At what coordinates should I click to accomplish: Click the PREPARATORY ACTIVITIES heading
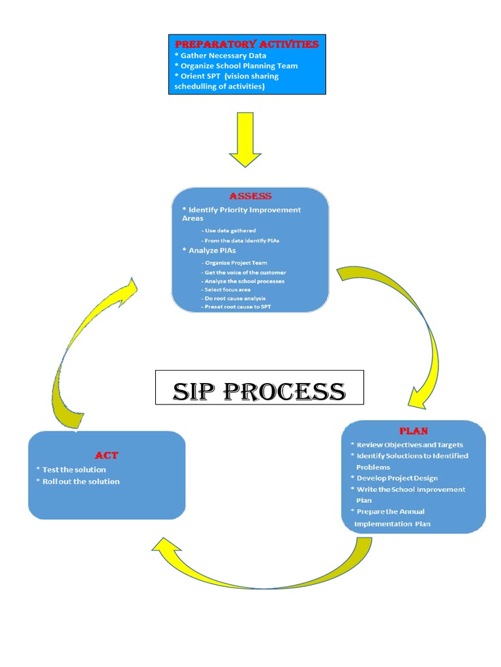click(247, 44)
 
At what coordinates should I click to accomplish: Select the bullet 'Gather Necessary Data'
click(220, 55)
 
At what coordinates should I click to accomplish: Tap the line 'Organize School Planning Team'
click(236, 66)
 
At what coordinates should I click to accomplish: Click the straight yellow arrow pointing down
click(245, 139)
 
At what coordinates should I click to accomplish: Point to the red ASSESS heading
click(250, 196)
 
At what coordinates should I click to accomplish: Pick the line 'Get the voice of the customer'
click(244, 272)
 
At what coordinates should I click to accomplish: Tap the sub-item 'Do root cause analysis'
click(234, 298)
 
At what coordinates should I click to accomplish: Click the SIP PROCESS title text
click(259, 391)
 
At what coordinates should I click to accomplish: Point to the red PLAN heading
click(413, 431)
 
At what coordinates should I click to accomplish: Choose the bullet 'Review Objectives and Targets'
click(409, 445)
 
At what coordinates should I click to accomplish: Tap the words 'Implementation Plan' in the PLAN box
click(392, 524)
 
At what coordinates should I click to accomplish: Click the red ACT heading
click(106, 455)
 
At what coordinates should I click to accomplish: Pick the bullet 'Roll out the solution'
click(80, 481)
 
